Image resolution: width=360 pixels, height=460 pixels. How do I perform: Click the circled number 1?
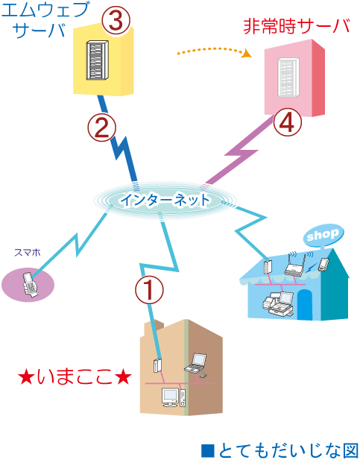click(149, 290)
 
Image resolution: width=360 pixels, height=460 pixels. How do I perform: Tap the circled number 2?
click(103, 127)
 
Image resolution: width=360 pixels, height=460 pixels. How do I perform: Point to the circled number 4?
click(288, 122)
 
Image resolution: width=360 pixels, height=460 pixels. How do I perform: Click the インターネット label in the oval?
click(165, 200)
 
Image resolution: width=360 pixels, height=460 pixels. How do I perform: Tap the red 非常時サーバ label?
click(295, 27)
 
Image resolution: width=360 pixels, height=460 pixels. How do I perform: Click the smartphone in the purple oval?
click(29, 284)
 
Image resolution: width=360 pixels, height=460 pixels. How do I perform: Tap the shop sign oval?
click(323, 234)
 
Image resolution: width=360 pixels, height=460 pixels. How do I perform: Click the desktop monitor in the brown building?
click(171, 396)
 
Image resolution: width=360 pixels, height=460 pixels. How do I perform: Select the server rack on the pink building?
click(288, 77)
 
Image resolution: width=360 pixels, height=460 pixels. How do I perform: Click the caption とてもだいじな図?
click(280, 450)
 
